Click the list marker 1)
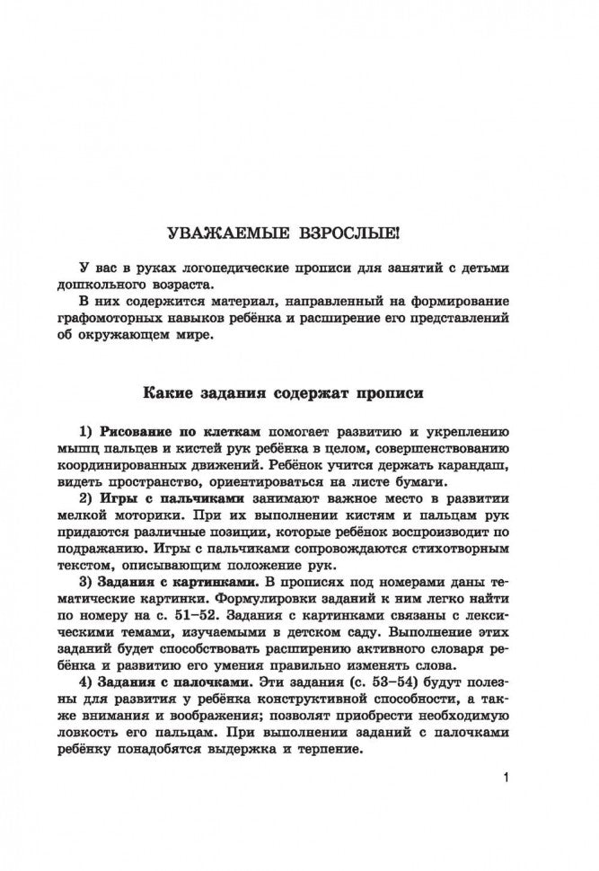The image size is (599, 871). coord(86,431)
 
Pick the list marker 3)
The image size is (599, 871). coord(86,584)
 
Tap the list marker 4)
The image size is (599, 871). coord(86,682)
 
